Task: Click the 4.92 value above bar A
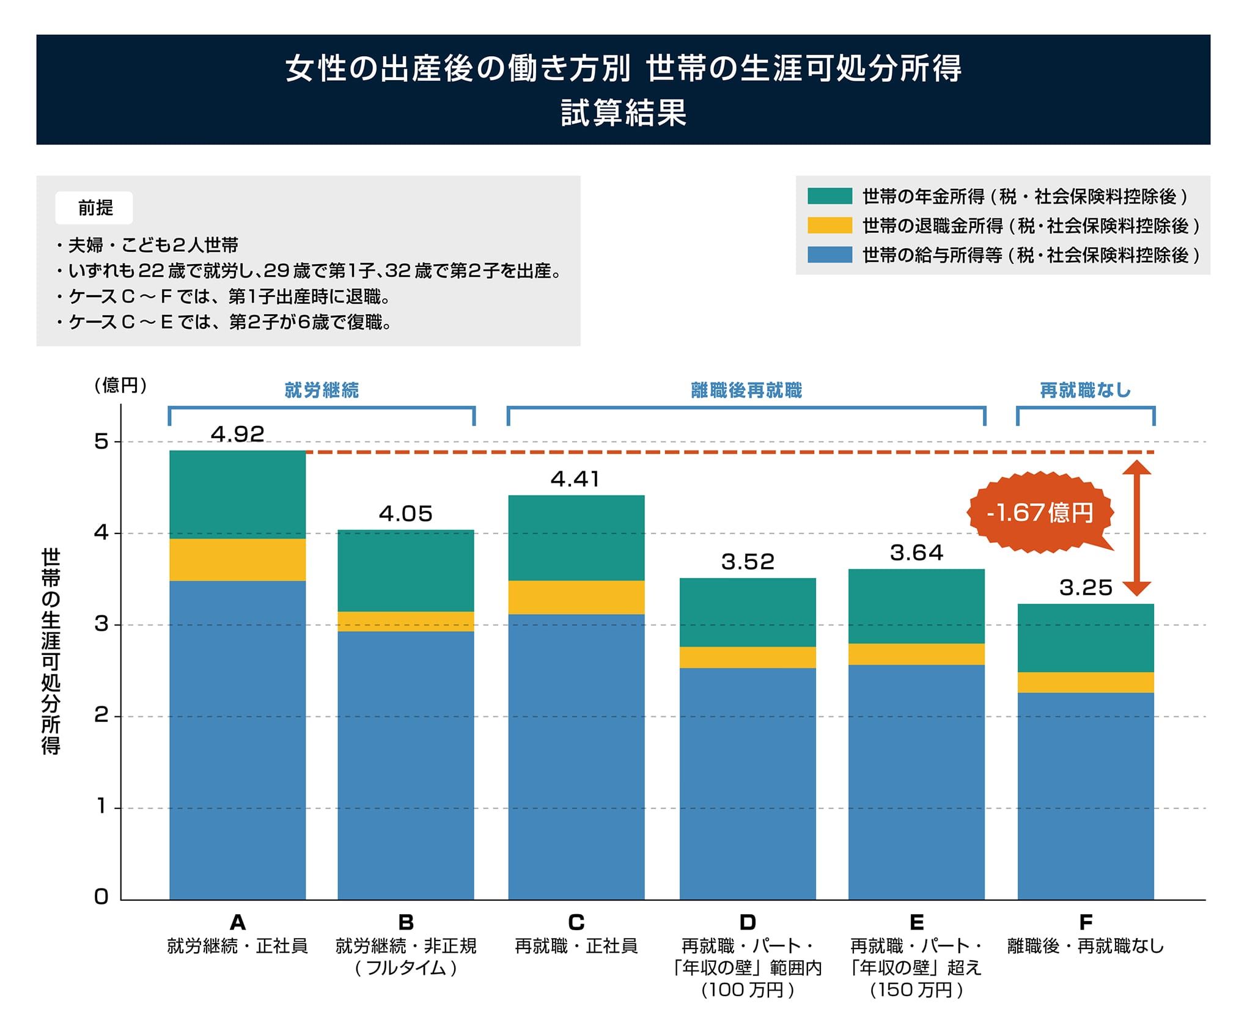pos(237,435)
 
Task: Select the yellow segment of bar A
pos(237,560)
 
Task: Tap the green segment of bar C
pos(576,538)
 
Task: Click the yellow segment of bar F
pos(1086,683)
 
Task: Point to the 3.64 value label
pos(916,553)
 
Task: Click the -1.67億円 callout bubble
pos(1040,513)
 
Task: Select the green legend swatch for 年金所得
pos(829,196)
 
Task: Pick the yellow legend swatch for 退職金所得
pos(829,226)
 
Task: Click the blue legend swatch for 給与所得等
pos(829,255)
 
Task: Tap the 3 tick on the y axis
pos(101,625)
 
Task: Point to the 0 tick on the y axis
pos(101,897)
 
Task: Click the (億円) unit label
pos(120,386)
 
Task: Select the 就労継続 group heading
pos(322,391)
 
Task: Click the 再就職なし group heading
pos(1086,391)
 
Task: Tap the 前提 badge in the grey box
pos(95,208)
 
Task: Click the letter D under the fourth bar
pos(747,922)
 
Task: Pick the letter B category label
pos(406,922)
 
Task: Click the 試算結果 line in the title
pos(623,113)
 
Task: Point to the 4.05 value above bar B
pos(405,514)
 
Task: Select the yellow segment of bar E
pos(916,654)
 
